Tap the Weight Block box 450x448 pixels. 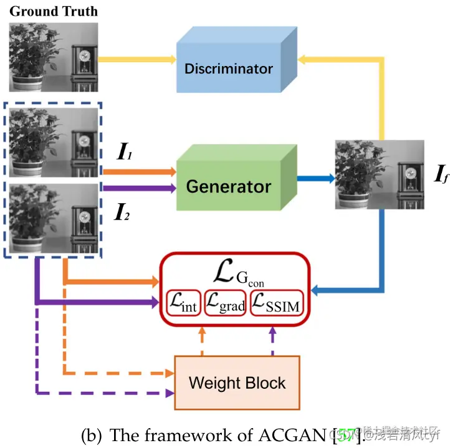tap(237, 382)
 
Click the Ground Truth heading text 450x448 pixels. tap(54, 11)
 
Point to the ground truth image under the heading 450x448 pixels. tap(54, 57)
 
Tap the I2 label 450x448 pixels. tap(123, 214)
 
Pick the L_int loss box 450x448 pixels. tap(182, 305)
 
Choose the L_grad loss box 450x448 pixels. tap(225, 305)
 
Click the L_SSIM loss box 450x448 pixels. tap(277, 305)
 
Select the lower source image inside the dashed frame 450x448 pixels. tap(54, 218)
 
